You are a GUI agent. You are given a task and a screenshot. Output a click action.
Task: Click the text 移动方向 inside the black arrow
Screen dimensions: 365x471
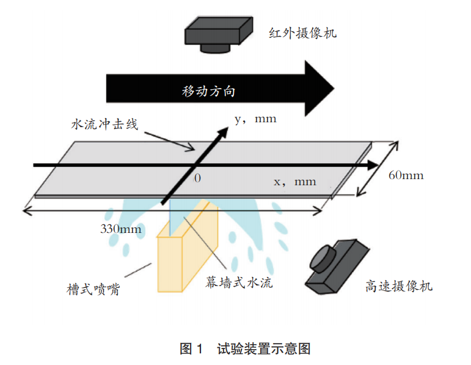click(x=209, y=92)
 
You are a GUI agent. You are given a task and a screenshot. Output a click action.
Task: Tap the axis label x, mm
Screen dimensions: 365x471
click(x=294, y=182)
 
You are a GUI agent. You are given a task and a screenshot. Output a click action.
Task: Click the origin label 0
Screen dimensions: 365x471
click(x=197, y=179)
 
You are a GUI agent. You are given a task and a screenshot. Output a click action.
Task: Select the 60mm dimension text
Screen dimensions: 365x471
click(x=406, y=175)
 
